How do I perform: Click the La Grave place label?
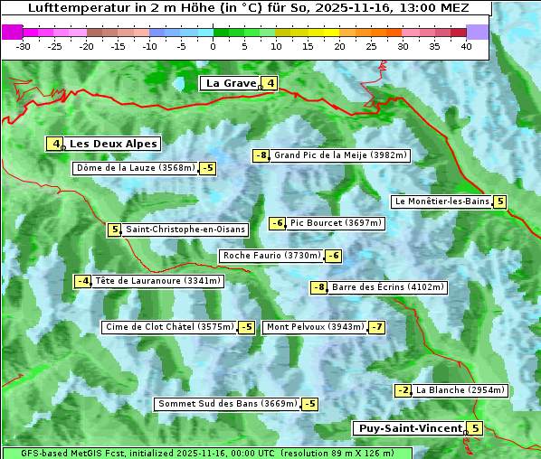tap(231, 83)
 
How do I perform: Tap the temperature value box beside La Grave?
tap(270, 84)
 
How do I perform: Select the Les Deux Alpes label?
tap(114, 144)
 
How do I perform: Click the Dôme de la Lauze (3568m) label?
tap(136, 168)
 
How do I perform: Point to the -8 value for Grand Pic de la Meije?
tap(261, 155)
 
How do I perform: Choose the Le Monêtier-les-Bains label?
tap(441, 201)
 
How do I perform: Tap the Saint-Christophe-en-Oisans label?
tap(185, 229)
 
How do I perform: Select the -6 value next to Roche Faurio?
tap(333, 256)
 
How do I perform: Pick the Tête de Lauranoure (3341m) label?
tap(157, 281)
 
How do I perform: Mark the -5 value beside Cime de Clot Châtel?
tap(246, 327)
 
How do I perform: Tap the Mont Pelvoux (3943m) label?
tap(315, 327)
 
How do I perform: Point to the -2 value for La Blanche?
tap(403, 390)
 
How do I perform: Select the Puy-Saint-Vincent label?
tap(410, 428)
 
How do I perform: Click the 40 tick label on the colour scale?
tap(466, 46)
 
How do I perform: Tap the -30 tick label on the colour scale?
tap(24, 46)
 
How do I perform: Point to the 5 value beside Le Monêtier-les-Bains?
tap(499, 201)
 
